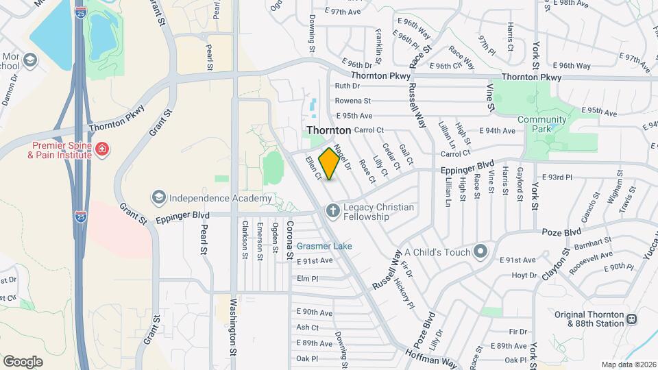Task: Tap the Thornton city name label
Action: (x=328, y=129)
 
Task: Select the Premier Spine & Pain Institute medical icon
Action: (x=102, y=149)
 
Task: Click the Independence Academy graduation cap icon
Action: (x=159, y=198)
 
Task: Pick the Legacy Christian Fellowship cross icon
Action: (x=332, y=210)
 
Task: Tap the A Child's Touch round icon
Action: (x=480, y=251)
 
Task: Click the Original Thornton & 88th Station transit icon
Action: (x=631, y=319)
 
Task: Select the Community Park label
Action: (x=542, y=123)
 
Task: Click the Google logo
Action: (x=23, y=361)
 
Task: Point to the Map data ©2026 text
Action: (x=629, y=365)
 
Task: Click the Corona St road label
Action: (x=289, y=241)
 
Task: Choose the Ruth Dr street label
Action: (x=347, y=86)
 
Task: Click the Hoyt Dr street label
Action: (x=524, y=275)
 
